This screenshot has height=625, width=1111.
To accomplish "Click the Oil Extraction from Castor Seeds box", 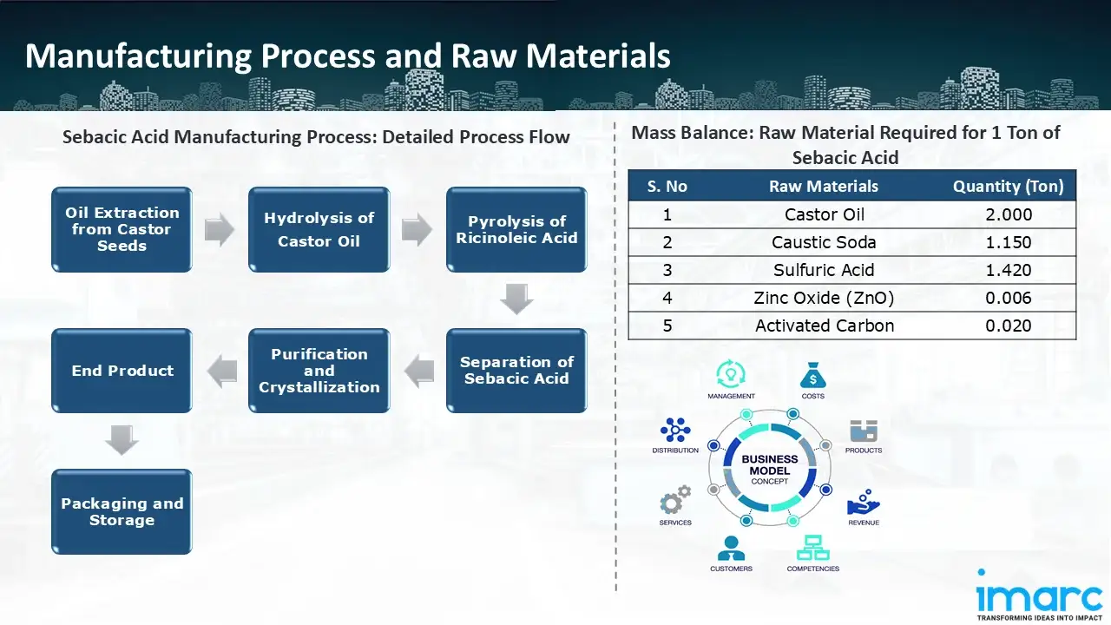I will pos(122,229).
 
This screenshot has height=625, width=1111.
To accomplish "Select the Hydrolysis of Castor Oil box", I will pos(319,229).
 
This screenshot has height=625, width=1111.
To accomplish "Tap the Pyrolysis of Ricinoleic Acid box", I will pos(516,229).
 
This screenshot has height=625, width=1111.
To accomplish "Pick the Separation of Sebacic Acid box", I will pos(516,370).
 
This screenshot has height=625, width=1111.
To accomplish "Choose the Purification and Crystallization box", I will pos(319,370).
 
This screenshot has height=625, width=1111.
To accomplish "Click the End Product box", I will pos(122,370).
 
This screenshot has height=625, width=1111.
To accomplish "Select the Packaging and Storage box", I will pos(122,511).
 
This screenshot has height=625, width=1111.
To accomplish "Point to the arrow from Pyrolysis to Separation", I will pos(516,300).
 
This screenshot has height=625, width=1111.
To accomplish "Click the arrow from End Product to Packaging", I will pos(122,440).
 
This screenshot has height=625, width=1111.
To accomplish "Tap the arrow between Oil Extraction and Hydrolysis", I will pos(220,230).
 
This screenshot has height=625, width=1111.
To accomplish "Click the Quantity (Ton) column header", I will pos(1008,187).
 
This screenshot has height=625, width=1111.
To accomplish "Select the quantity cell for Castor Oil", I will pos(1008,214).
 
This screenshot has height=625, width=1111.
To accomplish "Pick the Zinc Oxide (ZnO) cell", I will pos(824,298).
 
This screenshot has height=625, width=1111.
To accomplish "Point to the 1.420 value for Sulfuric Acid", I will pos(1008,270).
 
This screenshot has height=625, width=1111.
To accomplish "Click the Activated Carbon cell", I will pos(824,326).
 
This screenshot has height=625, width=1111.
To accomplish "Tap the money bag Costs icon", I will pos(812,376).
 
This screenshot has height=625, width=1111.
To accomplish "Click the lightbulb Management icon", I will pos(730,375).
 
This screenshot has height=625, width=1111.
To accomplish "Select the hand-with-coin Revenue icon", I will pos(863,503).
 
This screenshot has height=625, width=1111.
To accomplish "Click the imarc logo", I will pos(1039,596).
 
